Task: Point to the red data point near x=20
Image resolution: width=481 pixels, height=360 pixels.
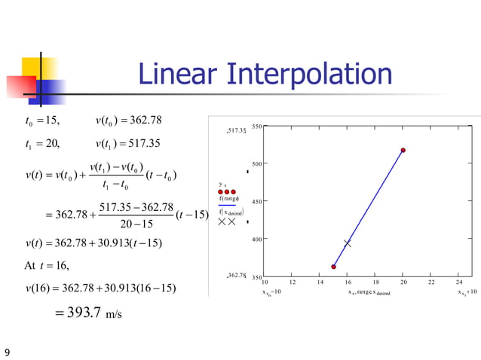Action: click(403, 151)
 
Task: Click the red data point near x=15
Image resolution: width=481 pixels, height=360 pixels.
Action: click(333, 266)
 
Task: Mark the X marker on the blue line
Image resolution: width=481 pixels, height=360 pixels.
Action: click(348, 243)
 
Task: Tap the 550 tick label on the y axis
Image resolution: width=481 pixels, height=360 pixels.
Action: click(256, 127)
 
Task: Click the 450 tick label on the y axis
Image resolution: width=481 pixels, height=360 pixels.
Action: click(256, 202)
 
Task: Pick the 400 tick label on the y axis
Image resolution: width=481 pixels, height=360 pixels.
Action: click(256, 239)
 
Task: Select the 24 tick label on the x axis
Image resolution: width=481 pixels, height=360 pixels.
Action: click(459, 283)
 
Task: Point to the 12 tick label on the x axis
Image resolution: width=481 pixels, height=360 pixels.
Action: click(293, 283)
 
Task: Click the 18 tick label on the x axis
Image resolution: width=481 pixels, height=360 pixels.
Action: click(375, 283)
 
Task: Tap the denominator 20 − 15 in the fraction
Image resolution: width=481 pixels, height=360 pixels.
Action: click(136, 224)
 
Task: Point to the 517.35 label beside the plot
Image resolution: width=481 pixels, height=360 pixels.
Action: click(237, 132)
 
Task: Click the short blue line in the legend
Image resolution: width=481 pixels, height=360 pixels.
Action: click(228, 205)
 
